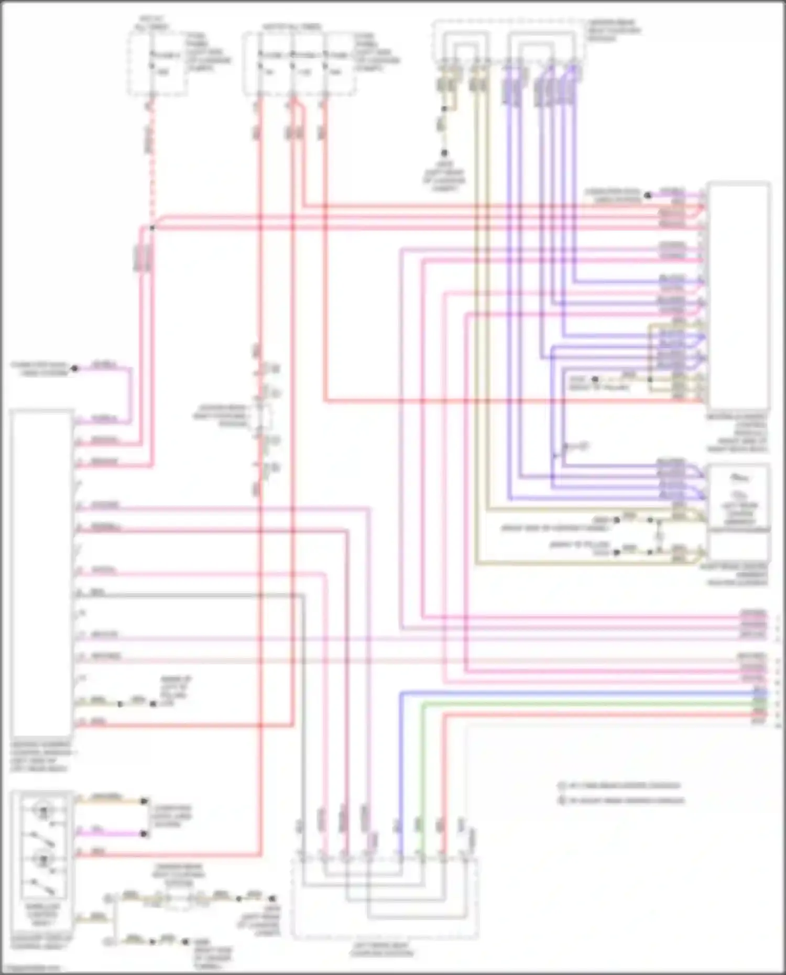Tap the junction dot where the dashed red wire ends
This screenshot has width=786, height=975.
tap(152, 228)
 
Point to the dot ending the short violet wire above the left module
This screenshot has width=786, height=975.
tap(74, 368)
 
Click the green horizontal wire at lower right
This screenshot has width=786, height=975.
tap(576, 704)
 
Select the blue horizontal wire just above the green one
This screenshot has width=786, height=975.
tap(576, 693)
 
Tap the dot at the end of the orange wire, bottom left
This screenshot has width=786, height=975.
tap(144, 801)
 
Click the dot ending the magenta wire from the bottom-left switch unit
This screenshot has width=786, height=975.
tap(144, 833)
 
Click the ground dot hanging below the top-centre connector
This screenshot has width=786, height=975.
tap(444, 153)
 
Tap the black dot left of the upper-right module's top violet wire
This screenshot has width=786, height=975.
tap(647, 195)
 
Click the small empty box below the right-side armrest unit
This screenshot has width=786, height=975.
tap(739, 547)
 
